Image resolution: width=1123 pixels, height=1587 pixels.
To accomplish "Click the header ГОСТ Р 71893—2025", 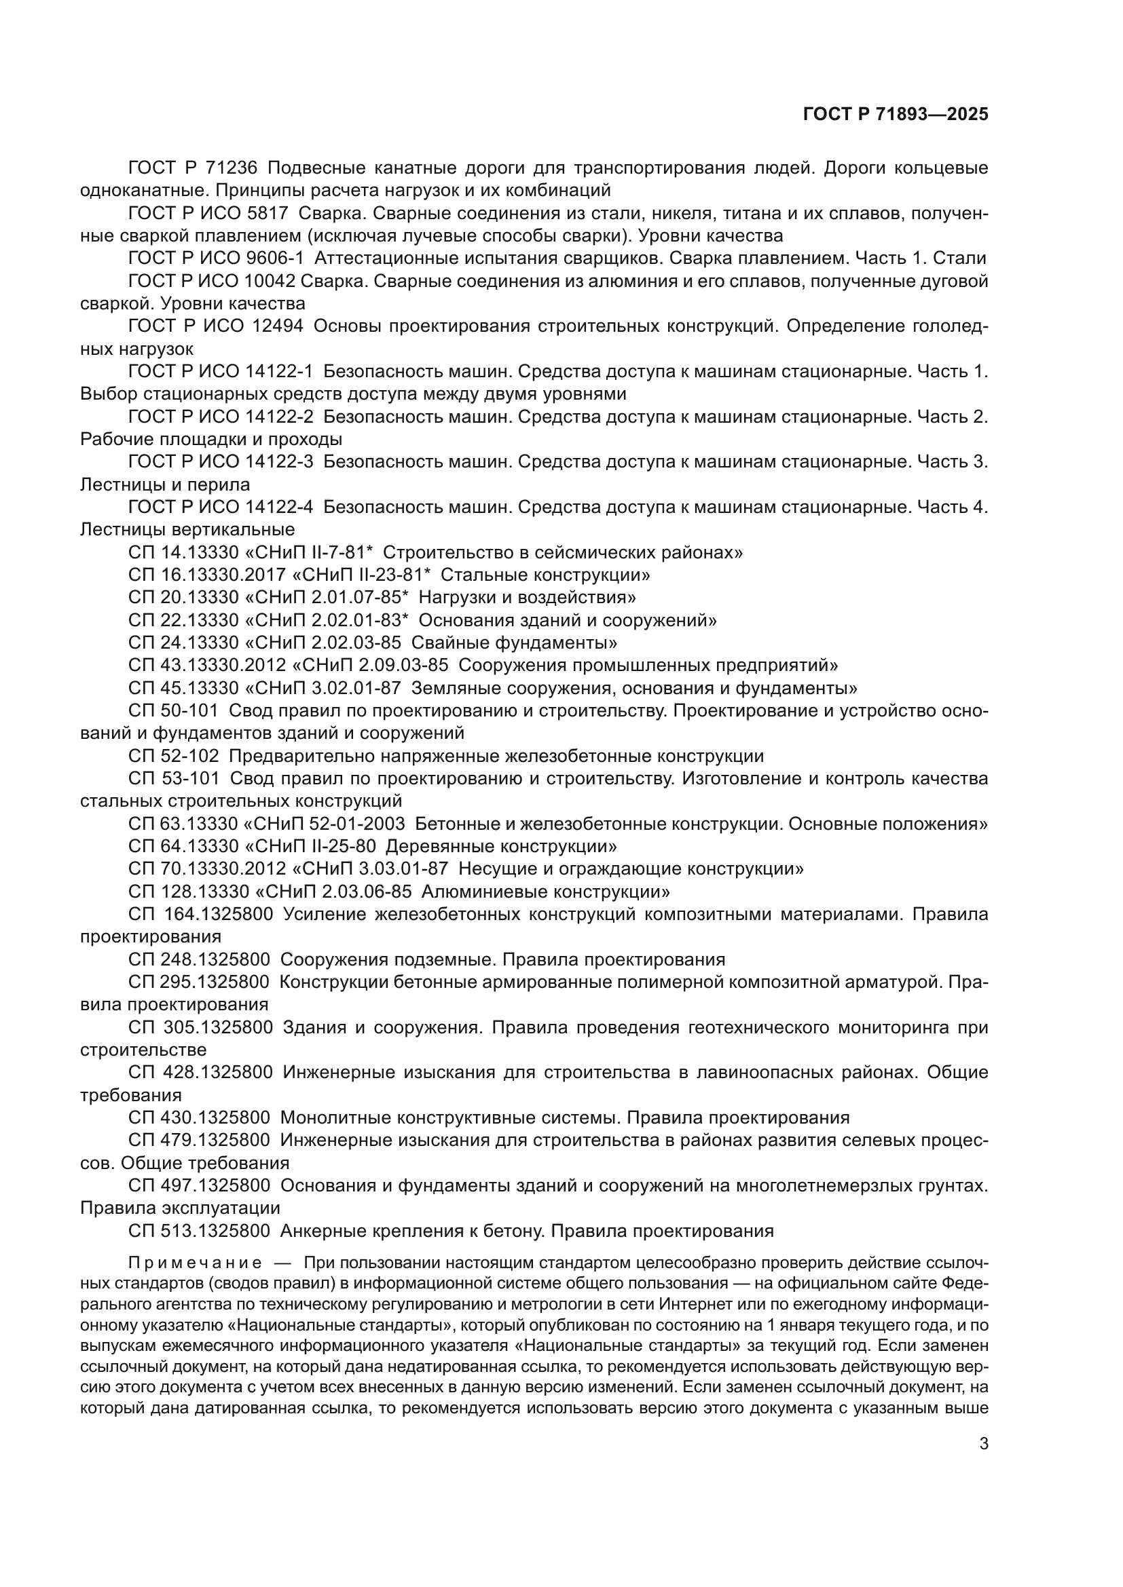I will point(896,114).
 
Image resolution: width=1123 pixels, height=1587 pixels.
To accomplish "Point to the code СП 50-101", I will point(173,710).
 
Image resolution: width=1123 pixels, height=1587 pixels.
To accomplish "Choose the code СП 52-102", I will point(173,755).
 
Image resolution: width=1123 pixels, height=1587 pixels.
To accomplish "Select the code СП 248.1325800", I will point(198,959).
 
